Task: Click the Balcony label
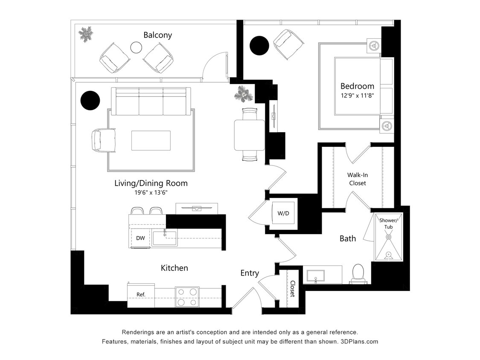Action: (x=157, y=35)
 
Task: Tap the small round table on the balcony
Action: (x=136, y=47)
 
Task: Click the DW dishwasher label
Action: (x=140, y=238)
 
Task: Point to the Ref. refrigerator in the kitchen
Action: (x=141, y=294)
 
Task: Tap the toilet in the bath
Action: (x=358, y=273)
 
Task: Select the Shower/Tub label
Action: (x=388, y=223)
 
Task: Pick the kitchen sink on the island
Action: (x=164, y=238)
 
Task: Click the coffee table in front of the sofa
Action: (x=151, y=140)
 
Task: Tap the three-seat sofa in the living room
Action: (x=151, y=102)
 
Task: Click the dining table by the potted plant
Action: (x=249, y=135)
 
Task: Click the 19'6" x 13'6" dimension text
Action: (x=151, y=192)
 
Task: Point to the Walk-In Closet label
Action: (x=357, y=179)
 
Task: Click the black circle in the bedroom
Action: (x=259, y=45)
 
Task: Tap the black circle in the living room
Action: (x=90, y=101)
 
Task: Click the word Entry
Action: (x=250, y=273)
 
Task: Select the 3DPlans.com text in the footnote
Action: (x=359, y=342)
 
